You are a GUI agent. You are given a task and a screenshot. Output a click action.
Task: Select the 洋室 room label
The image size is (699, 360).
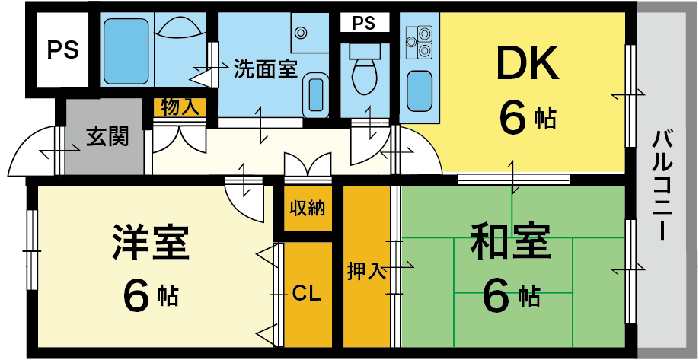(149, 242)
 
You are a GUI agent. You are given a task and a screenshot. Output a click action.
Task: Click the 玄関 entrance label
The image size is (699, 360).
(107, 137)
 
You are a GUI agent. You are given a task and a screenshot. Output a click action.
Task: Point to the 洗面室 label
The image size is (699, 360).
(265, 70)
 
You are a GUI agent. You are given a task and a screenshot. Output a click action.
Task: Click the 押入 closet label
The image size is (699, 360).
(365, 269)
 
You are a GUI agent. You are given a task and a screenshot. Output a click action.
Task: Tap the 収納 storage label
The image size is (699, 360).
(307, 208)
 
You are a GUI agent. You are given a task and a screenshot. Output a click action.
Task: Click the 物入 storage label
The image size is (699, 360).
(180, 107)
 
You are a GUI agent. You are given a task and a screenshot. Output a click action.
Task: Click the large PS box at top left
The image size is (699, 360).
(62, 51)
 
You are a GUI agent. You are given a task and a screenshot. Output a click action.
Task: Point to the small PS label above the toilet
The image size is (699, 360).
(364, 24)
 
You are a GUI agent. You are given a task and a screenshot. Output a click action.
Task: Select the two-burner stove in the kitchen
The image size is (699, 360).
(418, 42)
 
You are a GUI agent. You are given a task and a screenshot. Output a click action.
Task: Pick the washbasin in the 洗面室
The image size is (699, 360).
(316, 94)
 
